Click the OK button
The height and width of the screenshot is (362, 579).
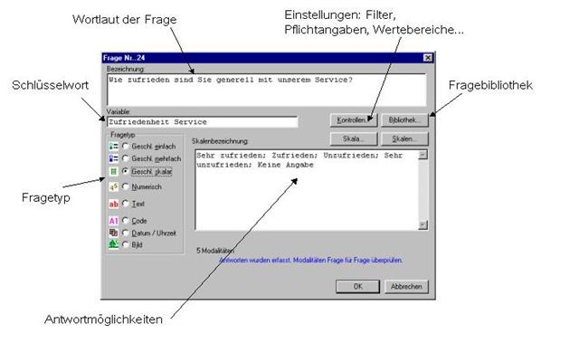point(357,286)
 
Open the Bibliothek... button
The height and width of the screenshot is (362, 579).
point(403,119)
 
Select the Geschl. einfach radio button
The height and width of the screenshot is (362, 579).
point(126,146)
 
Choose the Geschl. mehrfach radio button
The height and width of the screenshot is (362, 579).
point(126,158)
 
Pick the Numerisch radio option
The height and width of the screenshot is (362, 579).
point(126,186)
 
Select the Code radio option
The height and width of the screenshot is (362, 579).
point(126,220)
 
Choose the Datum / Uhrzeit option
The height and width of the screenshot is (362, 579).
point(126,232)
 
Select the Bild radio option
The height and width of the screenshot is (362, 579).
point(126,244)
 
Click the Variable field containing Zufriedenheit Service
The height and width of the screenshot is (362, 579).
point(201,121)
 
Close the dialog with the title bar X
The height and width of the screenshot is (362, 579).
point(426,59)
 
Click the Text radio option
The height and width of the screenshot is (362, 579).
point(126,204)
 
